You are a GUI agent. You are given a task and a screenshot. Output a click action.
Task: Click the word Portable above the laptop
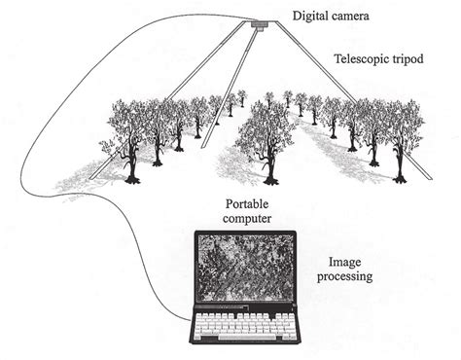pyautogui.click(x=247, y=203)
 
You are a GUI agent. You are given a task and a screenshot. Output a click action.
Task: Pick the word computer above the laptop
pyautogui.click(x=248, y=219)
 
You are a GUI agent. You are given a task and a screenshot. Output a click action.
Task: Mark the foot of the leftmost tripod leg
pyautogui.click(x=90, y=179)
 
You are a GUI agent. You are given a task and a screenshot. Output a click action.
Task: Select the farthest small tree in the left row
pyautogui.click(x=242, y=97)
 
